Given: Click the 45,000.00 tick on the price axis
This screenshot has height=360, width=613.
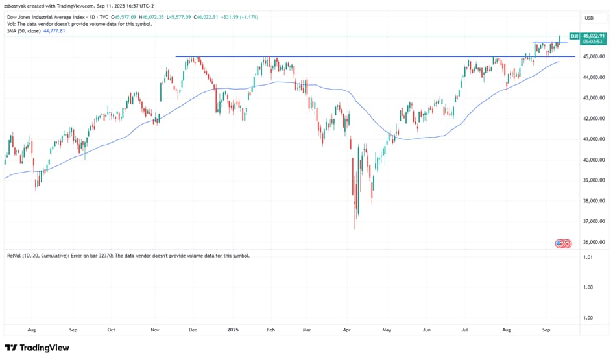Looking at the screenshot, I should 594,56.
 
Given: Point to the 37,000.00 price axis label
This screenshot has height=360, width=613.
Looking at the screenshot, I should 594,221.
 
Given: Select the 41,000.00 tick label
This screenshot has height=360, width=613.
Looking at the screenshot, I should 594,139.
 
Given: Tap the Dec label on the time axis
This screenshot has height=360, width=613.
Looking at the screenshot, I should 193,330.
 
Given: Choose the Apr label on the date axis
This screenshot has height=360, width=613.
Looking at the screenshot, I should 348,330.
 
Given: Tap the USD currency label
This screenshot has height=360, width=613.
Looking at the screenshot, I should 589,18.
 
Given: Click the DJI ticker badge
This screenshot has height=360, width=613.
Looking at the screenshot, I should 574,36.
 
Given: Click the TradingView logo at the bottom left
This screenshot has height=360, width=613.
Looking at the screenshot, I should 38,348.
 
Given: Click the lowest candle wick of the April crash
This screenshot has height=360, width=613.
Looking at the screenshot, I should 355,228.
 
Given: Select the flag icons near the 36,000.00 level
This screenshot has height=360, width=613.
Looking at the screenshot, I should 563,243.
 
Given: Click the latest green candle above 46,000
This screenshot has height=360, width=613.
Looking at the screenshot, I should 560,39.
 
